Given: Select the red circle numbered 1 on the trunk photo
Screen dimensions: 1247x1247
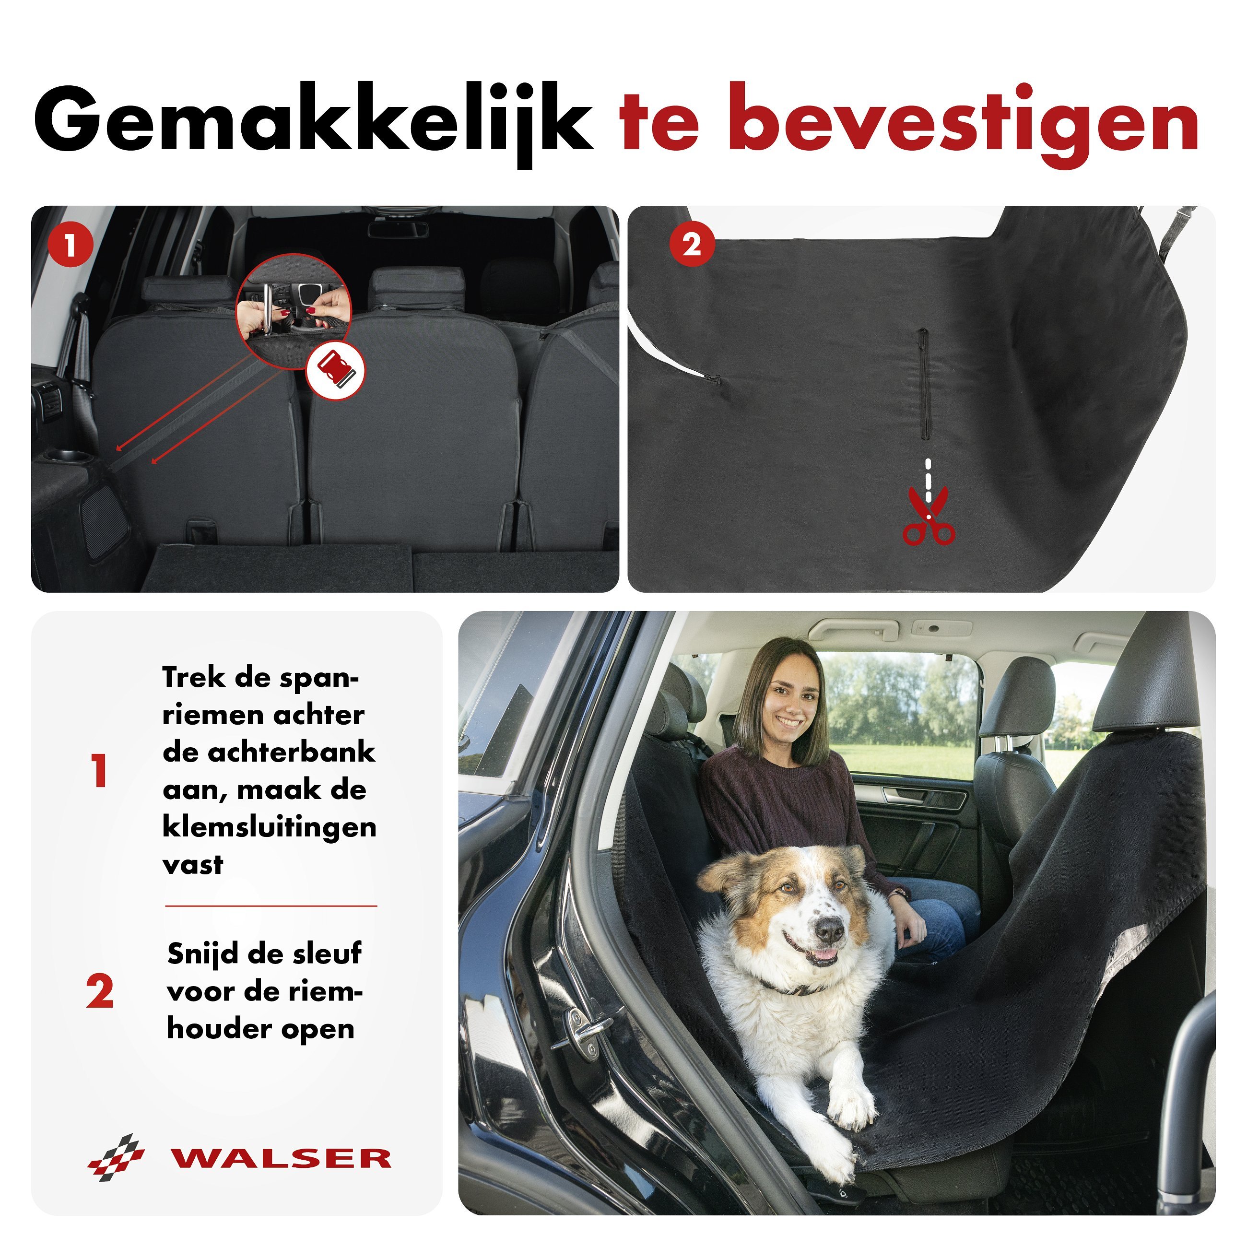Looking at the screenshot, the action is click(x=71, y=245).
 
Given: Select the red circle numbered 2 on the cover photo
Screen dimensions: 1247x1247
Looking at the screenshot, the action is click(x=691, y=245).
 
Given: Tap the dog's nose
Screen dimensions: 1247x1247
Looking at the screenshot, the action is click(x=829, y=930).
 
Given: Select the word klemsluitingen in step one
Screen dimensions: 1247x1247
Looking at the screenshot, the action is click(x=269, y=827).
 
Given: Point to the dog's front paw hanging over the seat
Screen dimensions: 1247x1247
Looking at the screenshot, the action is click(x=851, y=1107).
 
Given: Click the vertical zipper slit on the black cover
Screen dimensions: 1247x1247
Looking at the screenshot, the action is click(x=924, y=383).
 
